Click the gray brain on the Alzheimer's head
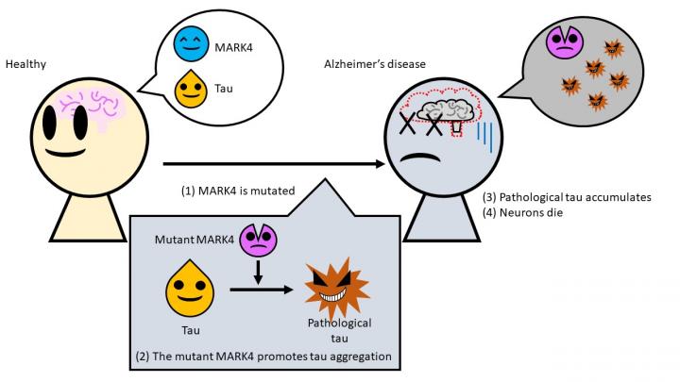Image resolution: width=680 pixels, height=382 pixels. coord(445,112)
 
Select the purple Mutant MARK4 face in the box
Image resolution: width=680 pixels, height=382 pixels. coord(255,239)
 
